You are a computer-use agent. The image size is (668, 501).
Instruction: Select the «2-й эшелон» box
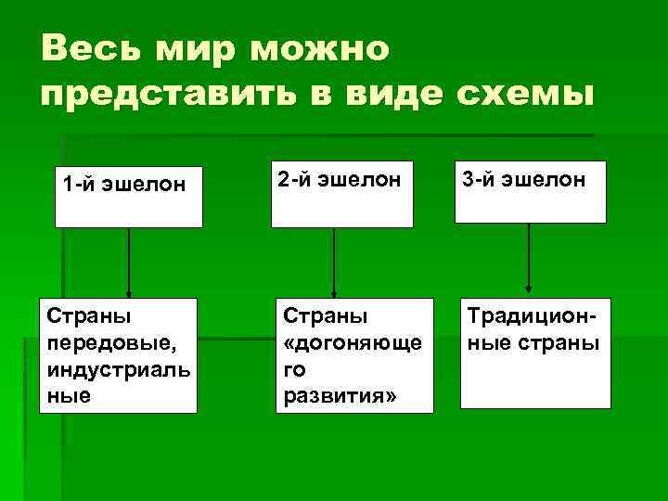341,194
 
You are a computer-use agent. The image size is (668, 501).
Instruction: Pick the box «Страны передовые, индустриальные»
118,354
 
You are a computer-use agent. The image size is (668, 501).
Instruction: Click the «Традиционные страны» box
535,353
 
